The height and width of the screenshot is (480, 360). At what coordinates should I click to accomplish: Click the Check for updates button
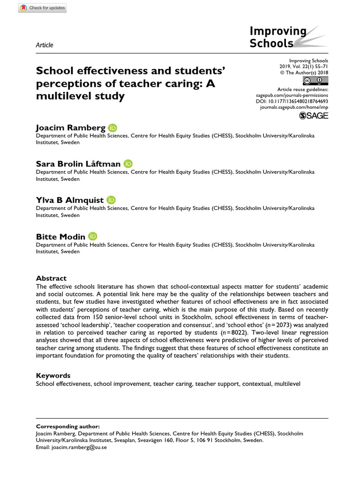[43, 8]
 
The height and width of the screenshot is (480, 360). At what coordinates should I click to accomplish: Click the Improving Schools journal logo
[278, 37]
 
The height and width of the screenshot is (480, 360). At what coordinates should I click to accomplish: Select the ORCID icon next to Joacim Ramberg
[112, 127]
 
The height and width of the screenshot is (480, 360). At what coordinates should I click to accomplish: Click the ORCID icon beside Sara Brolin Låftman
[128, 164]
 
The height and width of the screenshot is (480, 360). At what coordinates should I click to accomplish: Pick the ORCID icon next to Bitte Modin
[92, 237]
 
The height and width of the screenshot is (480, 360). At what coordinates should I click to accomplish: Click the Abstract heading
[52, 278]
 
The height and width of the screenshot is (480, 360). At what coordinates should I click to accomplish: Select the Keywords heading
[53, 375]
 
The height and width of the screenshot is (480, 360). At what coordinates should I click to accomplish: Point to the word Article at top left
[45, 45]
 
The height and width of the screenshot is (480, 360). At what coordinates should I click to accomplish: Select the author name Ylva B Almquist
[69, 200]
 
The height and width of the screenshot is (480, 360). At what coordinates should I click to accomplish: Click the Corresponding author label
[68, 427]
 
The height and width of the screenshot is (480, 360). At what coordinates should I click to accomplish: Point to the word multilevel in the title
[60, 97]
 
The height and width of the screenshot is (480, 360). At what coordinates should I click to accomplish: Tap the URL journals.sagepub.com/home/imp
[294, 107]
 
